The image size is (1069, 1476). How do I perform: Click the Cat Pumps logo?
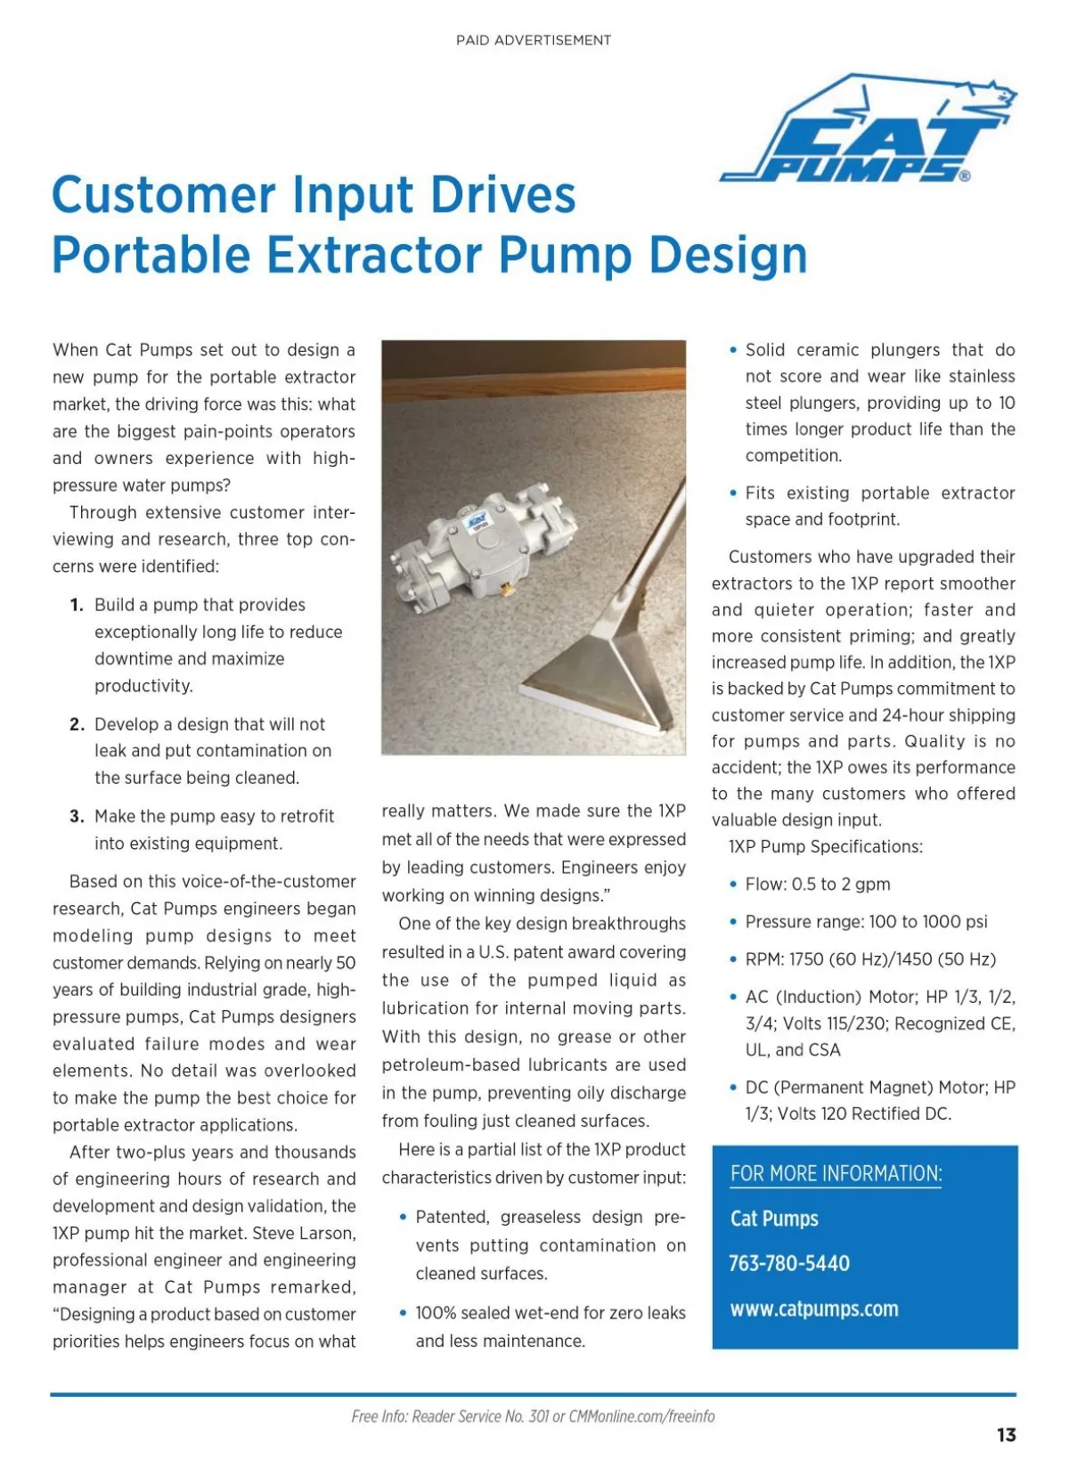tap(869, 132)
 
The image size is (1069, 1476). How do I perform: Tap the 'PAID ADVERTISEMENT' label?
tap(534, 40)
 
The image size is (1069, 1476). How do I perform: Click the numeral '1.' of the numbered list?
tap(77, 605)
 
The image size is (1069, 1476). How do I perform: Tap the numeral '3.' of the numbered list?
tap(77, 816)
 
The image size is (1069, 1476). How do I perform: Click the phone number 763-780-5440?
tap(789, 1263)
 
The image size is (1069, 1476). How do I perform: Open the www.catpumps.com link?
tap(814, 1309)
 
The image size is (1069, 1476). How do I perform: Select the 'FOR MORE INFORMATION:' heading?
tap(836, 1173)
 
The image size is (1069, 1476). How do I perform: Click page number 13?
tap(1006, 1434)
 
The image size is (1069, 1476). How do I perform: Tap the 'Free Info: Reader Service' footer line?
tap(533, 1416)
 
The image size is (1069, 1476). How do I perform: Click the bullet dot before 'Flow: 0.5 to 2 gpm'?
tap(733, 885)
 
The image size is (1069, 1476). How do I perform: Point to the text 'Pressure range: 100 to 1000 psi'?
tap(866, 922)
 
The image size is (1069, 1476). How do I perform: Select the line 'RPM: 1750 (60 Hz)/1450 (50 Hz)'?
tap(870, 959)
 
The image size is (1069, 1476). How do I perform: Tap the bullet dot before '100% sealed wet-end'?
tap(404, 1313)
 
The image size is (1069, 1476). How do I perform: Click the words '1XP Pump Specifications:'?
tap(826, 846)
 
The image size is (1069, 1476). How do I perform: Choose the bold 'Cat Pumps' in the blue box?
tap(774, 1219)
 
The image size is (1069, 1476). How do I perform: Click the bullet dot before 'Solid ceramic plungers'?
tap(733, 350)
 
